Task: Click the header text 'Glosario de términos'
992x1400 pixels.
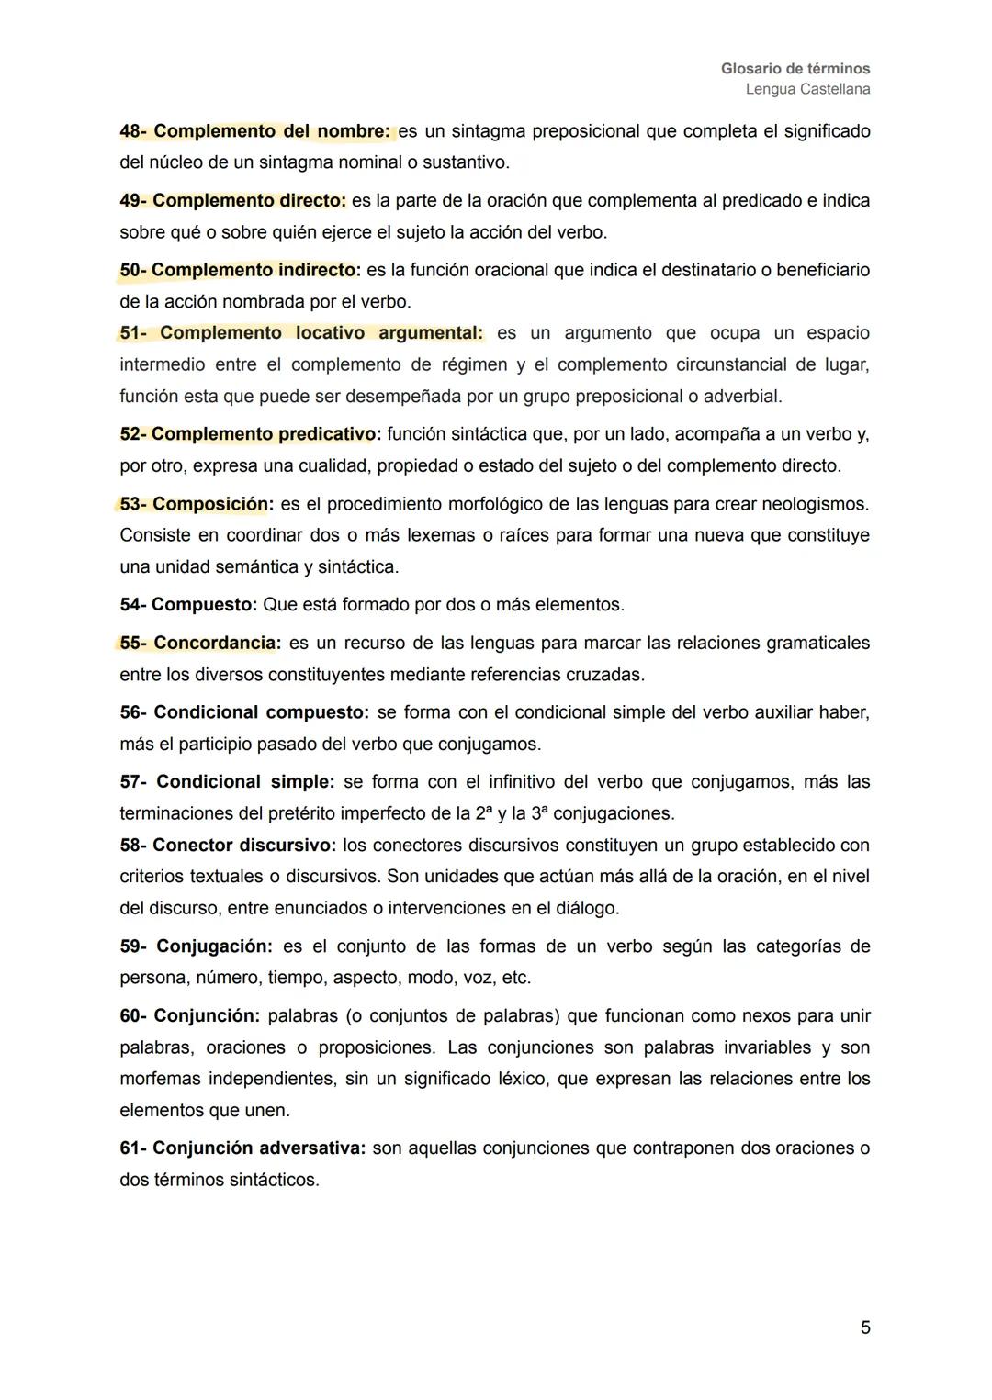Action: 795,69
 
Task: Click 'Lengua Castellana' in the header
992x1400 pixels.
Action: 807,89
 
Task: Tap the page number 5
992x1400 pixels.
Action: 865,1327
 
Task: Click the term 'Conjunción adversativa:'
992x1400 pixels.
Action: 259,1148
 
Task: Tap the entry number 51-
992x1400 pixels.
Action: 133,333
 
